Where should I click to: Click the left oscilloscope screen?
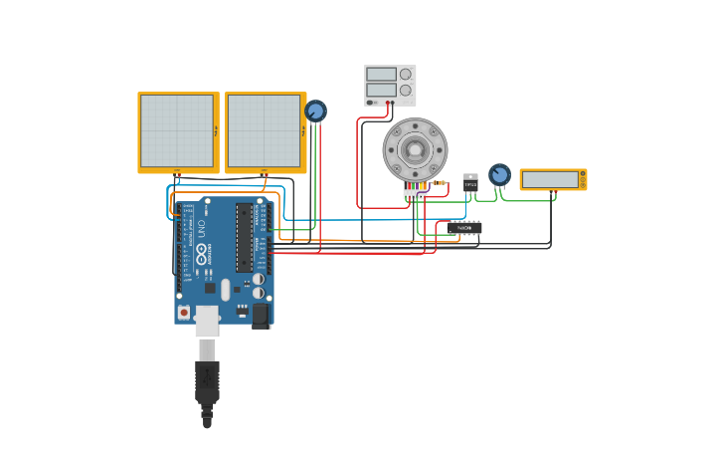coord(177,130)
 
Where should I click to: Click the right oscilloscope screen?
coord(265,130)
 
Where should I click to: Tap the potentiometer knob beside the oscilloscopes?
coord(315,111)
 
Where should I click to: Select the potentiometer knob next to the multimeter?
coord(499,175)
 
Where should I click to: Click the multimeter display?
coord(550,179)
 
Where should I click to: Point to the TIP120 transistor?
coord(470,183)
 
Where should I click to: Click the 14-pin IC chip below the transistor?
coord(464,228)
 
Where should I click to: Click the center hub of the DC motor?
coord(415,149)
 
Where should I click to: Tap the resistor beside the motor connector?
coord(438,183)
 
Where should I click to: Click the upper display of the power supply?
coord(380,74)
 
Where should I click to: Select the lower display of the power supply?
coord(380,90)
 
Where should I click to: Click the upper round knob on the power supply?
coord(406,74)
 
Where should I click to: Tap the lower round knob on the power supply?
coord(406,90)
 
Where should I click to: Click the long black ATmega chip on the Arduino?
coord(245,238)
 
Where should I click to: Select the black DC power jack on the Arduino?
coord(261,316)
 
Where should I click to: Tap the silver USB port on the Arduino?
coord(207,320)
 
